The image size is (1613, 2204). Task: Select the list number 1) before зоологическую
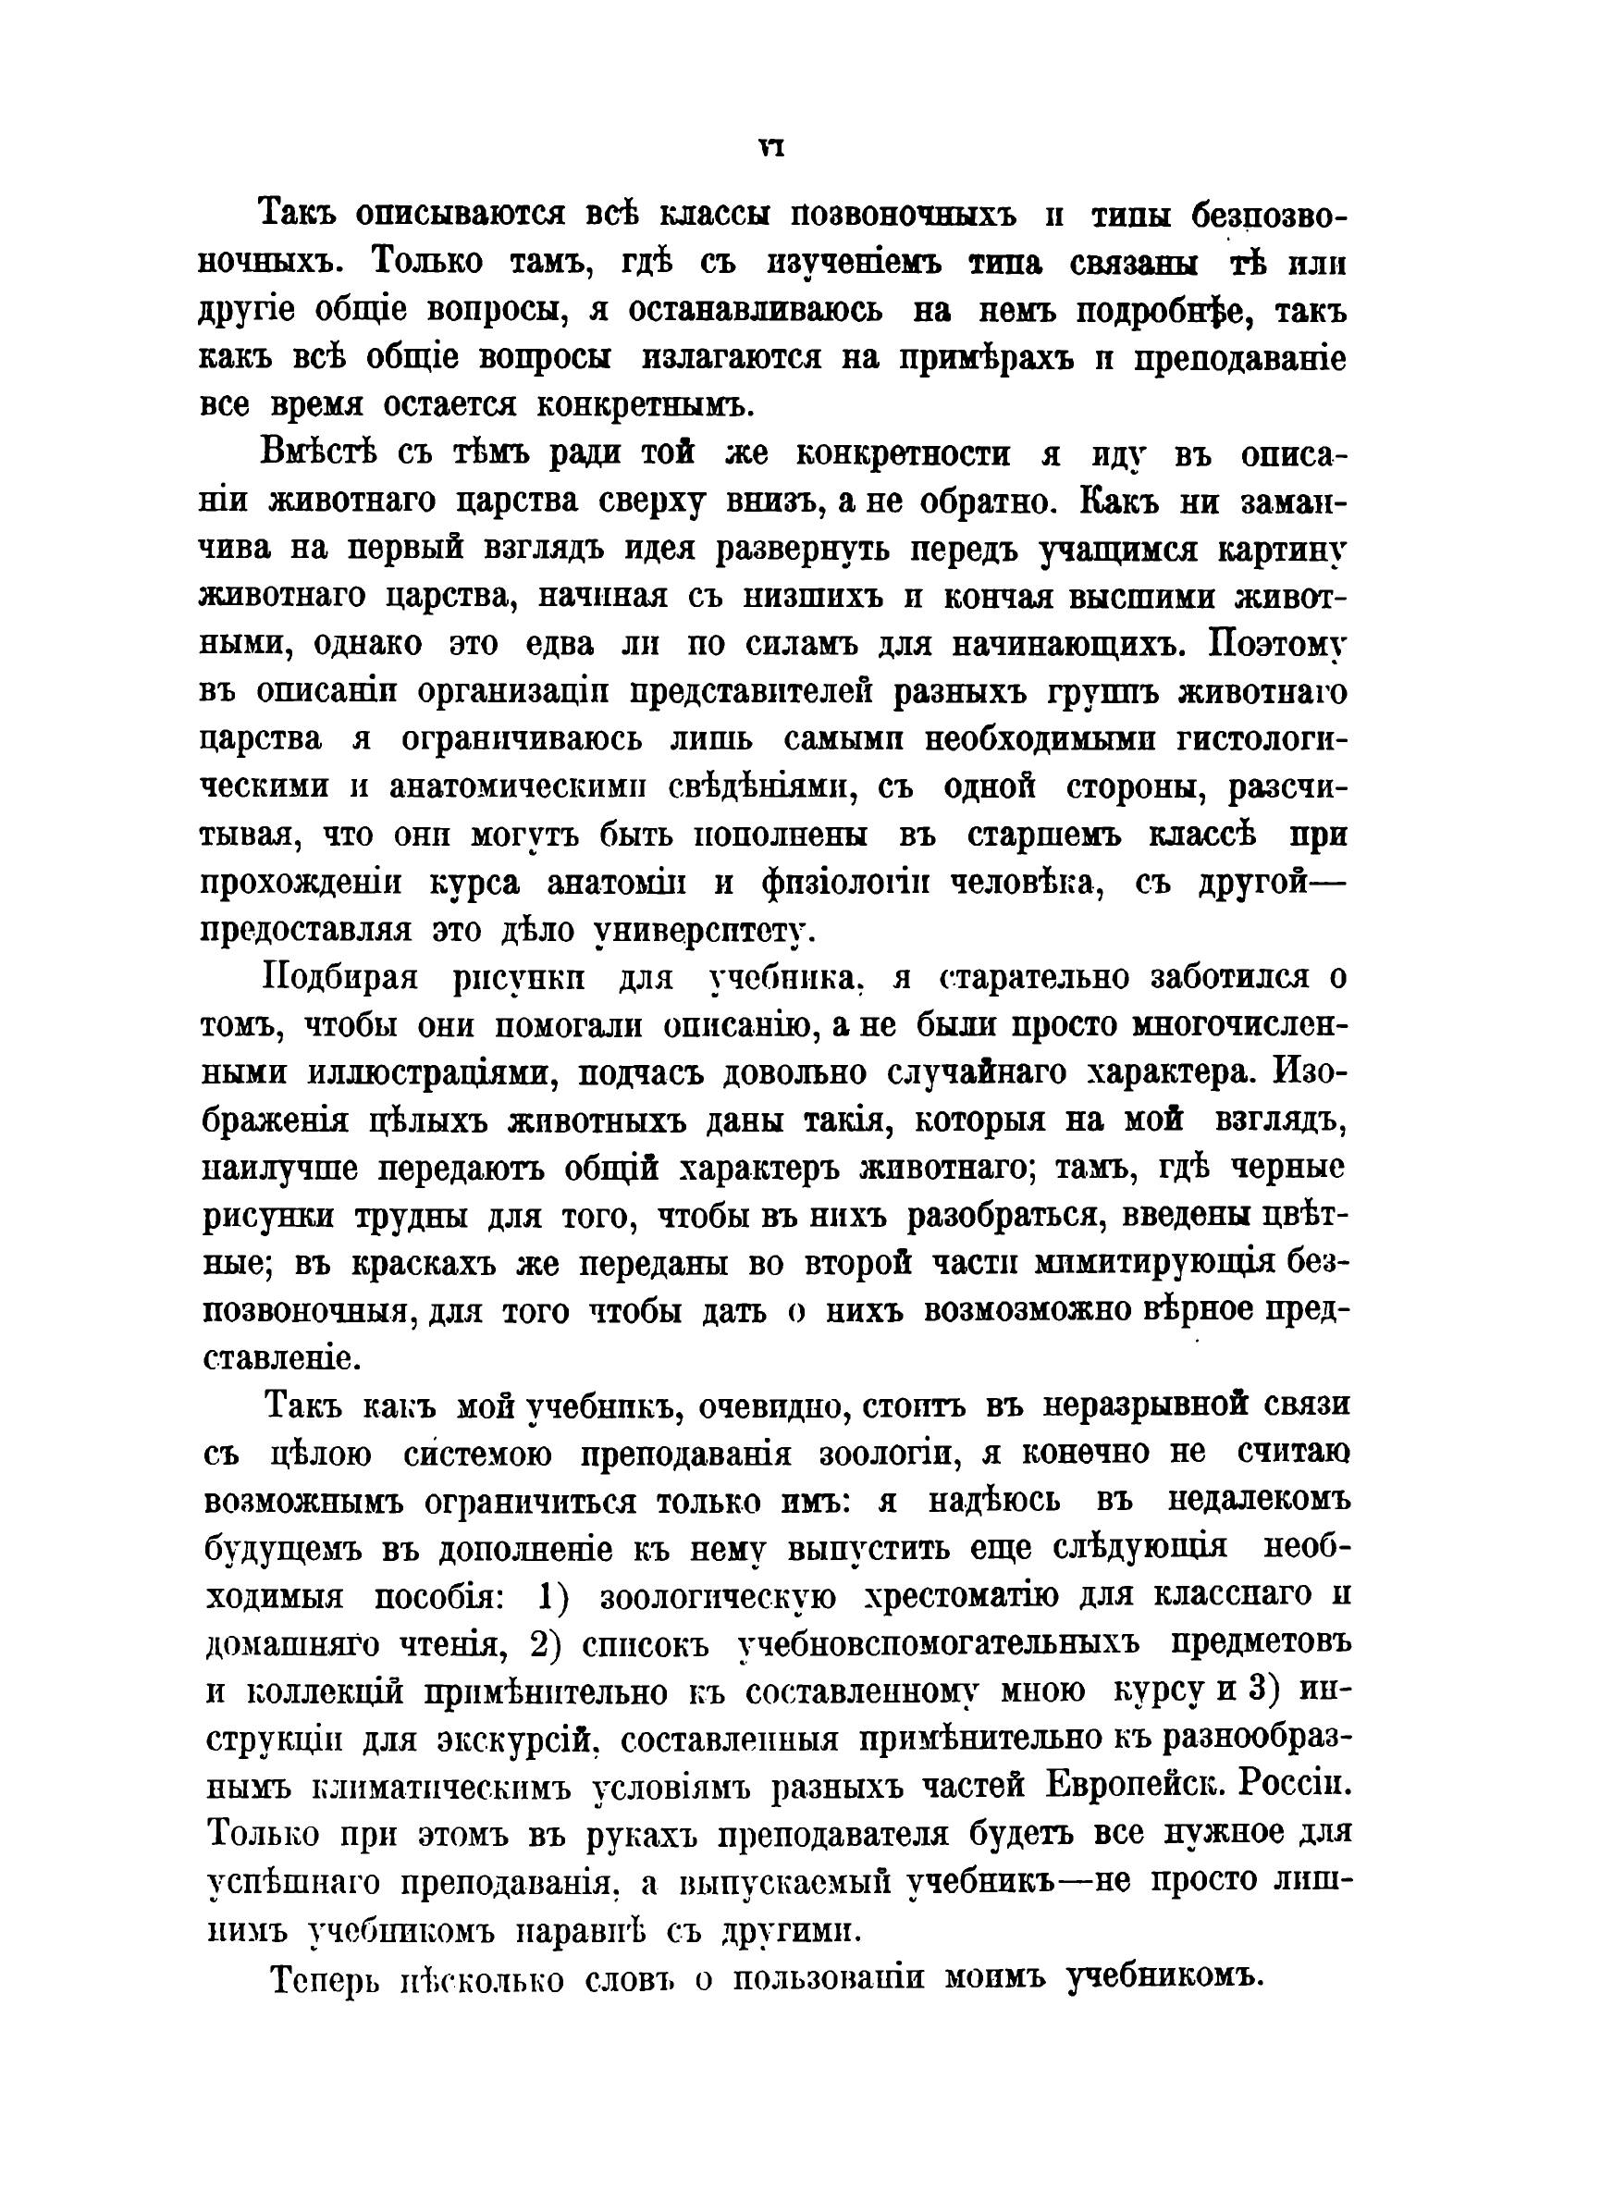[554, 1599]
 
